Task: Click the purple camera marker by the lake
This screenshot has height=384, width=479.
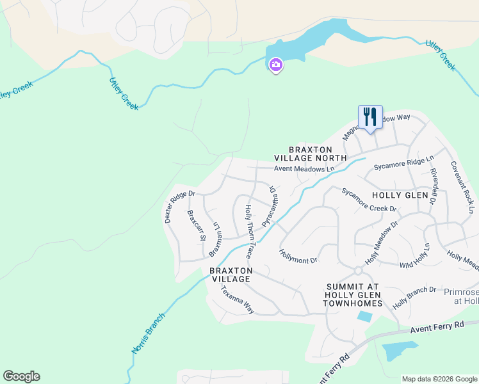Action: tap(276, 65)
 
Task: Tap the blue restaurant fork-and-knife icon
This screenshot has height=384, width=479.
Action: tap(370, 117)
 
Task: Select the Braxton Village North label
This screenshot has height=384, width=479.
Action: tap(310, 152)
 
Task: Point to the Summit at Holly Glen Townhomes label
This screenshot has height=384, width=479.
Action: tap(353, 294)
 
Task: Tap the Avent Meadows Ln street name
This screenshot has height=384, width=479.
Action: tap(304, 170)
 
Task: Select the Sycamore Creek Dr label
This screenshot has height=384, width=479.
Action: tap(369, 200)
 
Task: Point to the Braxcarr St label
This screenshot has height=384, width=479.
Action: tap(195, 225)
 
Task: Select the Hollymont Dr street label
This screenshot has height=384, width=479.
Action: tap(298, 257)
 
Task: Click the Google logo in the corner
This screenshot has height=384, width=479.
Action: tap(21, 376)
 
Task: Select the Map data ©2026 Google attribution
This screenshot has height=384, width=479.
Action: tap(439, 378)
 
